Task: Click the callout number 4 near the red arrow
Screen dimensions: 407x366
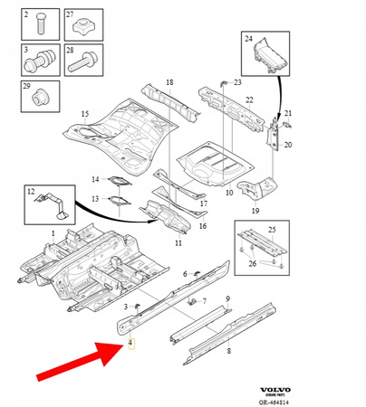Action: tap(130, 344)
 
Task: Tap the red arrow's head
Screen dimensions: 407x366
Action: tap(116, 349)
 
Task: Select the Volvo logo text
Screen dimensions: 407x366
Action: tap(325, 384)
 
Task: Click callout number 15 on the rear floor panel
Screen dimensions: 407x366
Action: tap(85, 114)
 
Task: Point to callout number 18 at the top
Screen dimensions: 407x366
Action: tap(168, 82)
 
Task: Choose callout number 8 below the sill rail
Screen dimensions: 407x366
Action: tap(229, 349)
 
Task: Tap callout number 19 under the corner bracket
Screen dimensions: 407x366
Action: tap(255, 211)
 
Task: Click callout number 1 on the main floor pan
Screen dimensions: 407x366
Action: tap(53, 233)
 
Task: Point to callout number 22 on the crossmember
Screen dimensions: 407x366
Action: tap(249, 100)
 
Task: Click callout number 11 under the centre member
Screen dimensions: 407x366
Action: tap(178, 244)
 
